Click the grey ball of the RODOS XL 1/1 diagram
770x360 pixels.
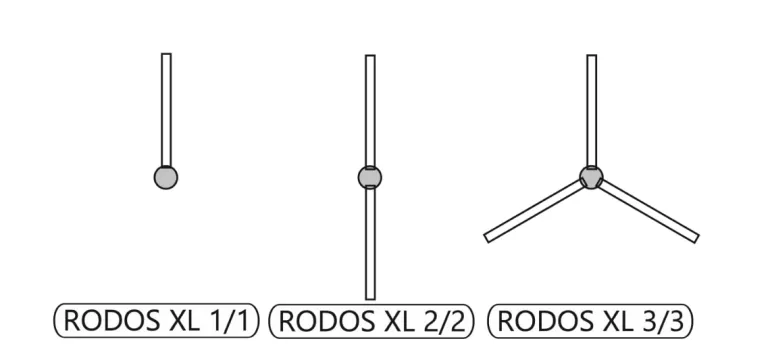tap(166, 177)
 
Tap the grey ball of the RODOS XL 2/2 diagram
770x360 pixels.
tap(370, 177)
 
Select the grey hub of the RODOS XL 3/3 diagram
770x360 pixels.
tap(591, 177)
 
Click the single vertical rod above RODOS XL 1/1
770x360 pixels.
tap(166, 110)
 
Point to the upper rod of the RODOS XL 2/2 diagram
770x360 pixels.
tap(370, 111)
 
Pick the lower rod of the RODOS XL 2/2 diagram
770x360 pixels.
tap(370, 243)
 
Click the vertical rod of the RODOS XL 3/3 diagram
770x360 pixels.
tap(592, 111)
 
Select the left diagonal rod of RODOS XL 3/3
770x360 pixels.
tap(535, 211)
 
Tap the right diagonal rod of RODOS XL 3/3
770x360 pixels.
tap(648, 211)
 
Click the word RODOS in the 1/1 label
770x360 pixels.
tap(111, 321)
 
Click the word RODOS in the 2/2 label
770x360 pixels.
tap(326, 321)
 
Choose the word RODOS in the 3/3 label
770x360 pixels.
tap(545, 321)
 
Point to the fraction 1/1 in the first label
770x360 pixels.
tap(227, 321)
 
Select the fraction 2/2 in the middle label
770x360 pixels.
tap(443, 321)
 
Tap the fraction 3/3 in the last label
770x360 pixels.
tap(662, 321)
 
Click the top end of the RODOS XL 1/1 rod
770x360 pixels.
tap(166, 54)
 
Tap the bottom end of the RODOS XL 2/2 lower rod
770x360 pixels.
tap(370, 300)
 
